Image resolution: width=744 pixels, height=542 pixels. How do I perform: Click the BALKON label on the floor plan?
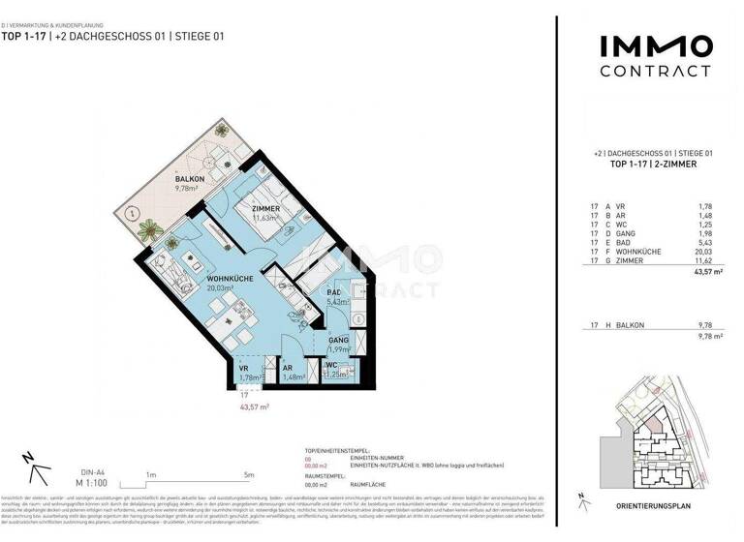click(x=189, y=180)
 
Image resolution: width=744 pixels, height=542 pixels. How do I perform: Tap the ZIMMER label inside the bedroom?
click(x=265, y=209)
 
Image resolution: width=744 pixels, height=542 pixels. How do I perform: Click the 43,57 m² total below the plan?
click(x=255, y=407)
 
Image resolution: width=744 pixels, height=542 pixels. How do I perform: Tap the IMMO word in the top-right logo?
click(x=655, y=45)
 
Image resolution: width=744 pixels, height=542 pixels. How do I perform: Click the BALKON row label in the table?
click(x=630, y=325)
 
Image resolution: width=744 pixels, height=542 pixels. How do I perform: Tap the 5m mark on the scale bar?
click(x=249, y=474)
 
